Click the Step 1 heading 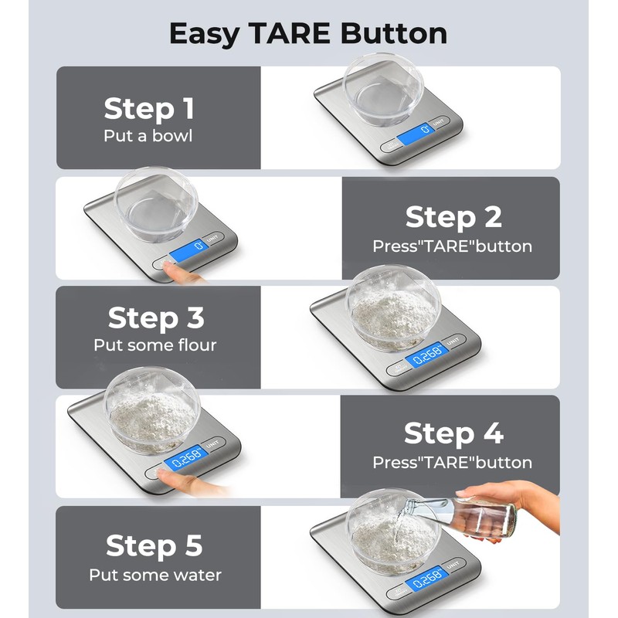point(149,108)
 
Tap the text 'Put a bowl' point(148,136)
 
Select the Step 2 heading point(453,217)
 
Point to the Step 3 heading point(156,317)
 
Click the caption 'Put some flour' point(155,345)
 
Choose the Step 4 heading point(453,433)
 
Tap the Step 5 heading point(154,546)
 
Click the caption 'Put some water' point(155,575)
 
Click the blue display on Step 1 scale point(416,133)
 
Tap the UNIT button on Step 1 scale point(438,123)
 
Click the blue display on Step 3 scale point(427,355)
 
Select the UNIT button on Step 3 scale point(453,341)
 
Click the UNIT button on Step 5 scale point(453,565)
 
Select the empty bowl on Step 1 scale point(383,90)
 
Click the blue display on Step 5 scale point(427,578)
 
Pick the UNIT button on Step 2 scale point(212,239)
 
